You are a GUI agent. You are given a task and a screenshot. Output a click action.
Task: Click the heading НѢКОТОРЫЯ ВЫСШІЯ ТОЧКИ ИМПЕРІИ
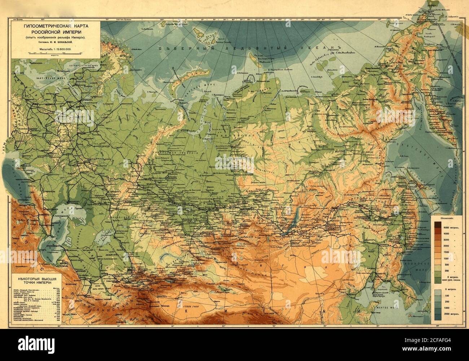(x=37, y=281)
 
